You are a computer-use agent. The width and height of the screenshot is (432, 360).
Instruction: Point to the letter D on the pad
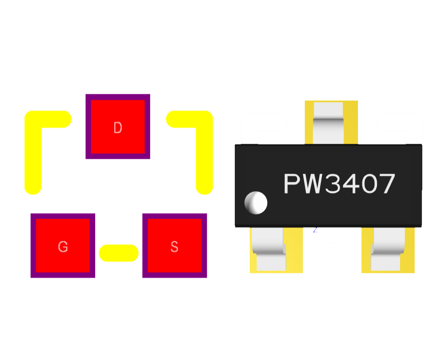click(117, 128)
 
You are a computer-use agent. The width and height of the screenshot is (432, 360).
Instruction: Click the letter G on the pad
click(63, 247)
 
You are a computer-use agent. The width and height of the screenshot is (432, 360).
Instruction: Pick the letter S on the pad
click(175, 247)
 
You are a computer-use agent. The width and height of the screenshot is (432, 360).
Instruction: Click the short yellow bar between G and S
click(119, 253)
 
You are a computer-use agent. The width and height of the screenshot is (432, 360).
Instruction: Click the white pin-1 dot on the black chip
click(256, 202)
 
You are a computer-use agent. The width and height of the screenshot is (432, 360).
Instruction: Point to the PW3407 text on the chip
click(339, 184)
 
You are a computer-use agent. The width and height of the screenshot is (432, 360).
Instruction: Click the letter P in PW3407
click(292, 184)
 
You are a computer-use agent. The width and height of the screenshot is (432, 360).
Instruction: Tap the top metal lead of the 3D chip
click(328, 121)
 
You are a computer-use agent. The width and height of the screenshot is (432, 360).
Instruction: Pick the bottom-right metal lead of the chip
click(387, 248)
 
